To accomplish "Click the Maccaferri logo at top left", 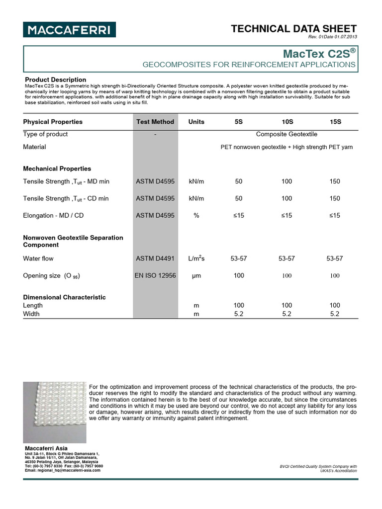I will tap(70, 29).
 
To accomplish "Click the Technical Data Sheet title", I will tap(293, 29).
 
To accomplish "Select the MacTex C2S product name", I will tap(319, 53).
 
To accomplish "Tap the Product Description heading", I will tap(56, 80).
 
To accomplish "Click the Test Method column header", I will tap(155, 122).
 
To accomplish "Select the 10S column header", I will tap(286, 122).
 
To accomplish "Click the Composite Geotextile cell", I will tap(286, 134).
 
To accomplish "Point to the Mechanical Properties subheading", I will tap(57, 169).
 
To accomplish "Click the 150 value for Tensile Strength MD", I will tap(335, 181).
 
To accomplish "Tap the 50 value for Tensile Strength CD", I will tap(239, 198).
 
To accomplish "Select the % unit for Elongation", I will tap(196, 215).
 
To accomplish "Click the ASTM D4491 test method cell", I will tap(155, 258).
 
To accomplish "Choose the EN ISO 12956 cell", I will tap(155, 275).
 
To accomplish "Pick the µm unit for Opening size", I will tap(196, 276).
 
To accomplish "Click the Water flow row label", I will tap(38, 258).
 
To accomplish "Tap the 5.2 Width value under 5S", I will tap(239, 314).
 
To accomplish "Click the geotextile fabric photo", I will tap(55, 412).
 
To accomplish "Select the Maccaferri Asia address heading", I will tap(46, 449).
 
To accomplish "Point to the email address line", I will tap(63, 470).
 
